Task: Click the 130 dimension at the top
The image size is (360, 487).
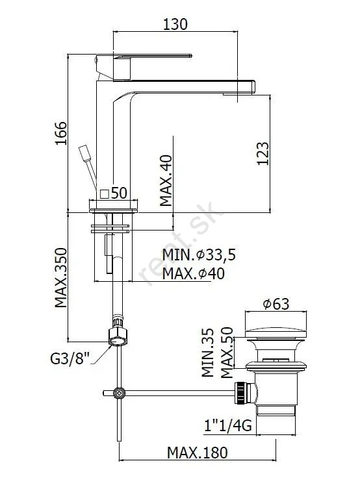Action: coord(175,24)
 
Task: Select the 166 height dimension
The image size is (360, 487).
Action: coord(61,133)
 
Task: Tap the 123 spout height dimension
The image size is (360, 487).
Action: coord(263,153)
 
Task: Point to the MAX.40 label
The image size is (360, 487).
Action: coord(166,181)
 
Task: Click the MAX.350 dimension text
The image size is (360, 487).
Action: coord(61,278)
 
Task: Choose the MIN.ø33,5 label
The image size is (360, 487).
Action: coord(199,255)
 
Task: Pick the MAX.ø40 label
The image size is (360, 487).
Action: coord(194,273)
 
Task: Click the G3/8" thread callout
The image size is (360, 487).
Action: coord(70,358)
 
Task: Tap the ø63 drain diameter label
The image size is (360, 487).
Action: coord(276,304)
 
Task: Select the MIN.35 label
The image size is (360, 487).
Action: coord(208,353)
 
